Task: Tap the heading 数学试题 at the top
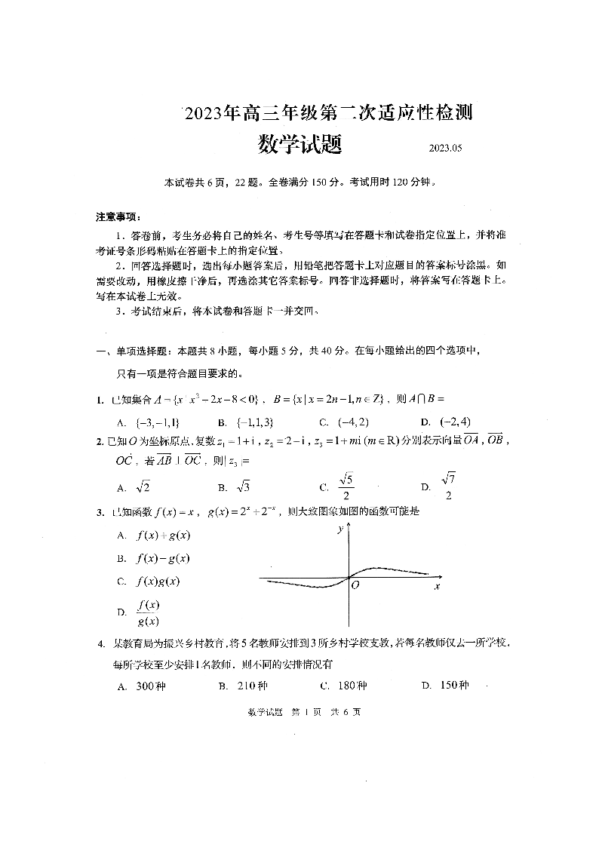click(x=299, y=143)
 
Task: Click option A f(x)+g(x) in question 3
click(x=162, y=536)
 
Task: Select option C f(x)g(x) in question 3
click(x=158, y=582)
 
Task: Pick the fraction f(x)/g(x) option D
click(x=147, y=612)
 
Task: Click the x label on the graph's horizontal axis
click(x=437, y=586)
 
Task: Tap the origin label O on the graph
click(x=355, y=585)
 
